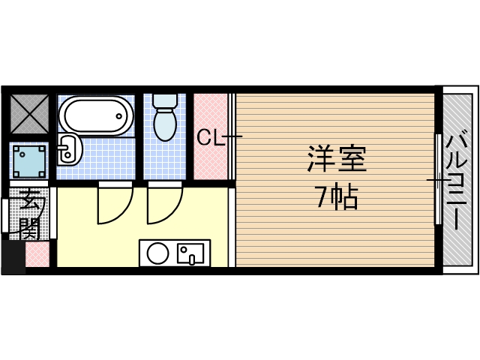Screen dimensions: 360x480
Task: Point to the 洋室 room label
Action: pos(336,159)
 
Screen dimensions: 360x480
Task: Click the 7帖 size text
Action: pos(336,197)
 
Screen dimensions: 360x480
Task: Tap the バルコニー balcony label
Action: pos(456,180)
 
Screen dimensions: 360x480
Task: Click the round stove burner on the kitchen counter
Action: pos(157,253)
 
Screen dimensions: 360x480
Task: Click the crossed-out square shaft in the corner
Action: pos(30,113)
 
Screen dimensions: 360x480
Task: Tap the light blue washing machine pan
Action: pos(30,160)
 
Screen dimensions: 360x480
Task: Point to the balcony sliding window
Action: pos(438,180)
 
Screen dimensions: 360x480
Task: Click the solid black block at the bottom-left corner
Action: pos(13,257)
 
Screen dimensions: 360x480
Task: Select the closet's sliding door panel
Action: pos(232,137)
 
